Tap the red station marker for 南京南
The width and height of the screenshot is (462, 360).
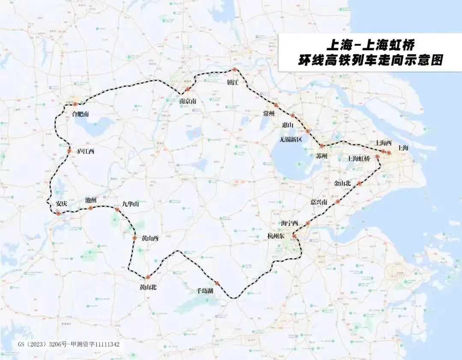pos(187,89)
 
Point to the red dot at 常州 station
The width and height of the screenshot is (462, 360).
pos(276,105)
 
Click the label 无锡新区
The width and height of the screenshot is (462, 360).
pos(291,140)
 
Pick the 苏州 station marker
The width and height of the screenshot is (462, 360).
pos(322,146)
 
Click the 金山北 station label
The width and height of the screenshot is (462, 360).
pos(342,183)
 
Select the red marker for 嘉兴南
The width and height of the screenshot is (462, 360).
pos(338,202)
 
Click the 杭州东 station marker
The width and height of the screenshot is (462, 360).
pos(294,236)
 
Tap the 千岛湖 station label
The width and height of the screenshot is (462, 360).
pos(205,290)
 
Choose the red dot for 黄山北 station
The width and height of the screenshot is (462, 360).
pos(148,277)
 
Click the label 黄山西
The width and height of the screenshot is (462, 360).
pos(150,238)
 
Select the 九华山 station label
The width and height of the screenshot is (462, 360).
pos(131,204)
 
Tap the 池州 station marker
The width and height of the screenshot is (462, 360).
pos(91,208)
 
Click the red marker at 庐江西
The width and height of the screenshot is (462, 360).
pos(69,151)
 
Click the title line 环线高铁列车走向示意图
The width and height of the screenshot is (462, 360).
pos(370,60)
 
